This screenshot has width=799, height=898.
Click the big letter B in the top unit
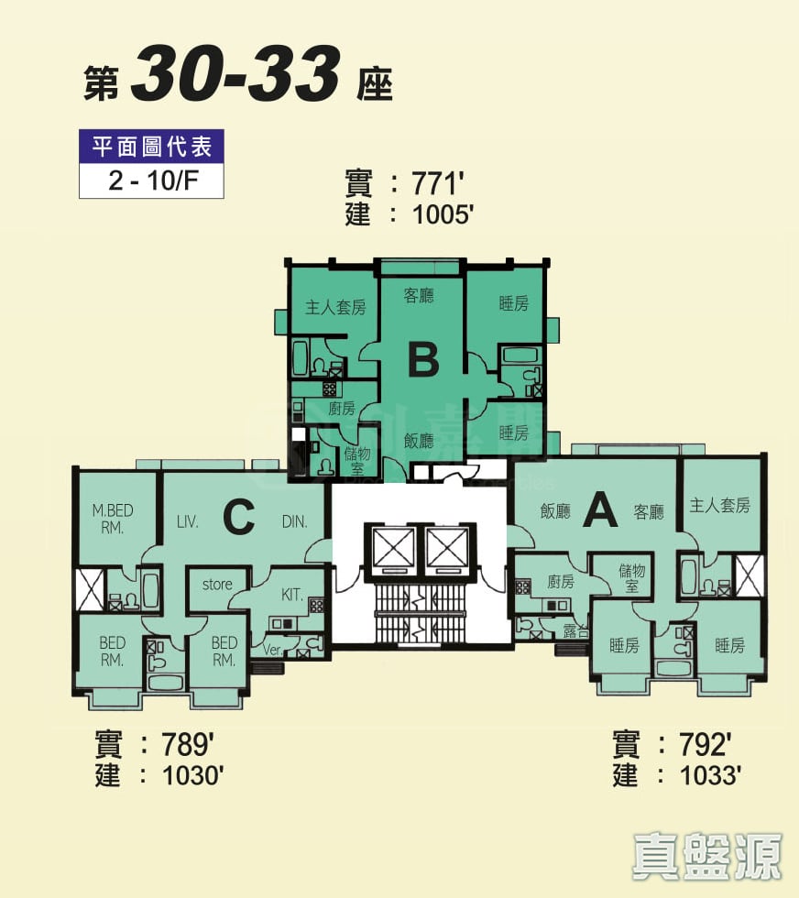[422, 359]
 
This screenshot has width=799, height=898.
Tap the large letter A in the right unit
[600, 509]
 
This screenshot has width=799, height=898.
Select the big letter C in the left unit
[238, 518]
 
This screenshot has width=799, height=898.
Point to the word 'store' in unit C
[217, 584]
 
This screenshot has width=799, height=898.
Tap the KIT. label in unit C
[292, 595]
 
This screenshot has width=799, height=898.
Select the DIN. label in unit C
[294, 521]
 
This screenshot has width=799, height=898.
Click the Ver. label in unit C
[272, 650]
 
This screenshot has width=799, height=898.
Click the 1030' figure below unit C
[193, 776]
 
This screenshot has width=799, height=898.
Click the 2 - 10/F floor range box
[152, 180]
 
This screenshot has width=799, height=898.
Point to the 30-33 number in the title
[235, 77]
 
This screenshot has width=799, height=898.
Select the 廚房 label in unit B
[341, 408]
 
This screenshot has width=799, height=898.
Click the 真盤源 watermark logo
[707, 856]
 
